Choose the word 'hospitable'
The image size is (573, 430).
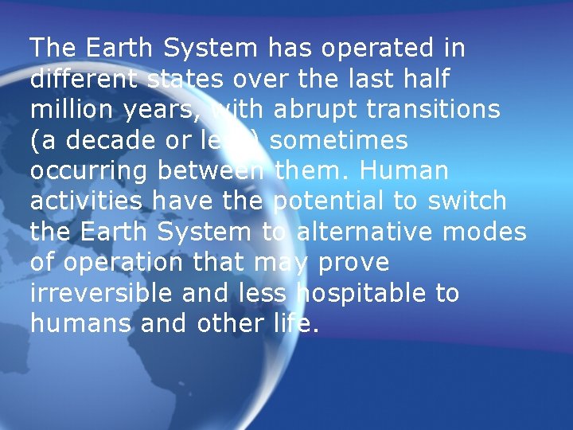[x=360, y=294]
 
